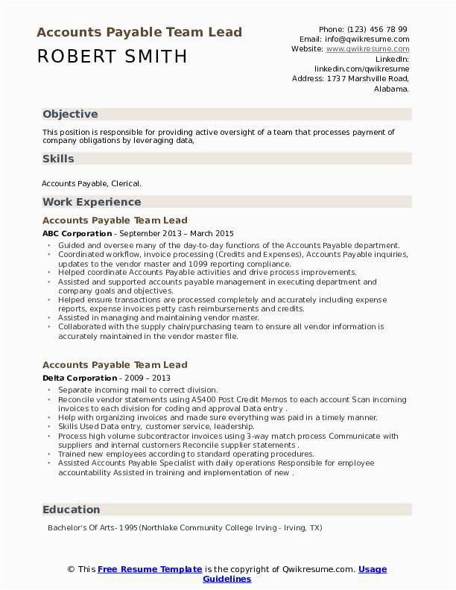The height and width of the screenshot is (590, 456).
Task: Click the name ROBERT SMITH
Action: coord(113,57)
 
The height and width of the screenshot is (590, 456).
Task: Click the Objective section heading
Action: coord(70,115)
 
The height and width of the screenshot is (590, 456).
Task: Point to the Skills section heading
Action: coord(58,159)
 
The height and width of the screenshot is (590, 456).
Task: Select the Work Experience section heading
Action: coord(92,202)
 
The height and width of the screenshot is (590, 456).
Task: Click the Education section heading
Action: coord(71,510)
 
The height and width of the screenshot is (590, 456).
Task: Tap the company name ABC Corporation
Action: coord(77,233)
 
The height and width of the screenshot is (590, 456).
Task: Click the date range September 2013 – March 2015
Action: coord(177,233)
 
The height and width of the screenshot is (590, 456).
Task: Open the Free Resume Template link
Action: coord(150,569)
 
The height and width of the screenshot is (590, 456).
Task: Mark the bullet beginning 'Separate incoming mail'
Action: coord(138,390)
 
